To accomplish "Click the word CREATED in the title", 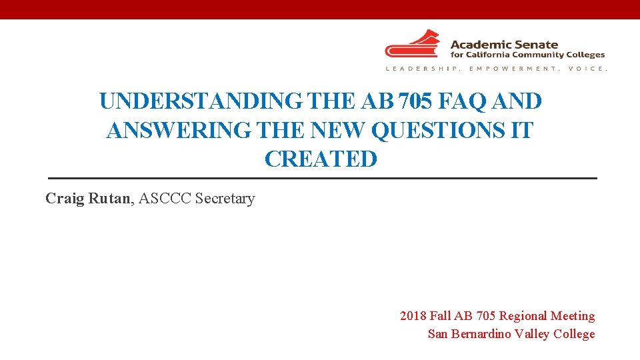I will (x=321, y=159).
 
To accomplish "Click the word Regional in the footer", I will (x=524, y=316).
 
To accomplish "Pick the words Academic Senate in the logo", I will (x=504, y=44).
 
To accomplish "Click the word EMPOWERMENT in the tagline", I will (x=513, y=69).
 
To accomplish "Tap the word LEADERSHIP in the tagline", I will (x=424, y=69).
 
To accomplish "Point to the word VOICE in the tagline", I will (x=587, y=69).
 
